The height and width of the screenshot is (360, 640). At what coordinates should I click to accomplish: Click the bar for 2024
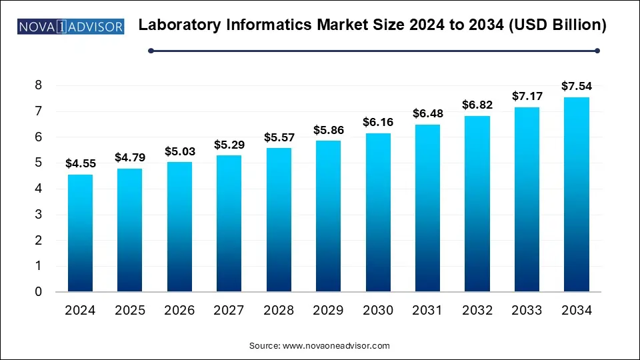coord(80,233)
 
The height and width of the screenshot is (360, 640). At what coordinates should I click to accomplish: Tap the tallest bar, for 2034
coord(577,195)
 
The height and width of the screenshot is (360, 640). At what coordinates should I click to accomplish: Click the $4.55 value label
coord(80,164)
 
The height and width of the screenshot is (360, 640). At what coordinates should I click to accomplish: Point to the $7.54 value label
coord(577,86)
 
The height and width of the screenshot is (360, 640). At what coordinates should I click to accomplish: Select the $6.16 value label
coord(378,122)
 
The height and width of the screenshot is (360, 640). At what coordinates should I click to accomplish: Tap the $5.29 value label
coord(229,144)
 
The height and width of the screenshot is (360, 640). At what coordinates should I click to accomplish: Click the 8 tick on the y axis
coord(39,85)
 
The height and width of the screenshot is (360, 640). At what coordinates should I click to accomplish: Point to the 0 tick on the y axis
coord(39,291)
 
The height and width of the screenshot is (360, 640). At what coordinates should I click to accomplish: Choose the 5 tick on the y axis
coord(39,163)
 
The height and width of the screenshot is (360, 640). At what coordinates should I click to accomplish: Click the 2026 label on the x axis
coord(179,310)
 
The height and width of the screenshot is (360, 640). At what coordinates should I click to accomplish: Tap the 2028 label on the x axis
coord(279,310)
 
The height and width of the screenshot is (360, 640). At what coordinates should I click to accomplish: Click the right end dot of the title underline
coord(597,50)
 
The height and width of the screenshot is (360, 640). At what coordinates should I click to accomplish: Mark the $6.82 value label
coord(477,105)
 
